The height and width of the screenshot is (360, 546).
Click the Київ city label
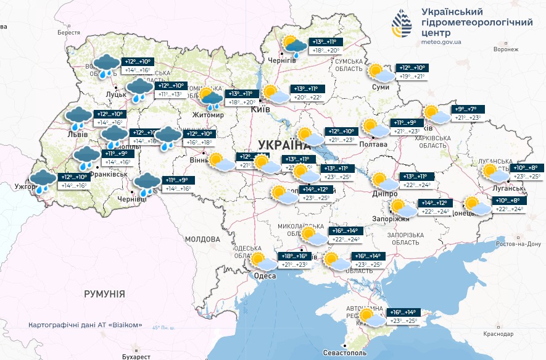(x=260, y=109)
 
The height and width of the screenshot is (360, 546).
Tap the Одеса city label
(x=265, y=276)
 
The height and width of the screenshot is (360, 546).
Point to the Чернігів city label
(x=281, y=61)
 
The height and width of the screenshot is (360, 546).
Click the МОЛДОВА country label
(x=202, y=239)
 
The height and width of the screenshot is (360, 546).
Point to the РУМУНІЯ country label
(x=104, y=294)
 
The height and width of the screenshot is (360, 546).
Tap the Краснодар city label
(x=499, y=333)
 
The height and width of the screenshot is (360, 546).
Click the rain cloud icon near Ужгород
(x=43, y=182)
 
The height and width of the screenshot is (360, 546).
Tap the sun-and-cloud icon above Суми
(x=379, y=72)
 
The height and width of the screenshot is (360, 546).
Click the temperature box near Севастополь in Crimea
(x=402, y=316)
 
